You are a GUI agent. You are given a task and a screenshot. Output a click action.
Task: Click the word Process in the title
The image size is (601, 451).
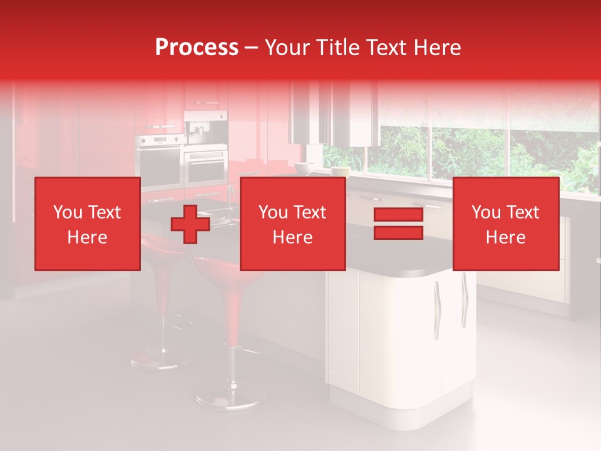pyautogui.click(x=197, y=48)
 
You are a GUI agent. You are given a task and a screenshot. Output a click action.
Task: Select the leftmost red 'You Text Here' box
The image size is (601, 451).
pyautogui.click(x=88, y=224)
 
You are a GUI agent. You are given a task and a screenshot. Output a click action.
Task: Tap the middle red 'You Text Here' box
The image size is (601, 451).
pyautogui.click(x=292, y=224)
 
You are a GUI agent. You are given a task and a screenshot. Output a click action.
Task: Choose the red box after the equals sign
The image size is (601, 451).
pyautogui.click(x=505, y=224)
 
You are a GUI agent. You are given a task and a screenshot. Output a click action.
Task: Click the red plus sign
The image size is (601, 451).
pyautogui.click(x=190, y=224)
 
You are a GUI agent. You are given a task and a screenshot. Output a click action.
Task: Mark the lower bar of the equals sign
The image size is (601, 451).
pyautogui.click(x=398, y=232)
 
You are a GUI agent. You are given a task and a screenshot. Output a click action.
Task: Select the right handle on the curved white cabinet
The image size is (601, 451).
pyautogui.click(x=464, y=301)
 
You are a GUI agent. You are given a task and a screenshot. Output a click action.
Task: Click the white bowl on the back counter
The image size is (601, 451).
pyautogui.click(x=304, y=168)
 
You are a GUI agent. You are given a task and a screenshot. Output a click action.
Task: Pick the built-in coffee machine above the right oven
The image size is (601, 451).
pyautogui.click(x=205, y=128)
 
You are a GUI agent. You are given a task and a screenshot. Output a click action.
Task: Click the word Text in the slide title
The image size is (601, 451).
pyautogui.click(x=386, y=48)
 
